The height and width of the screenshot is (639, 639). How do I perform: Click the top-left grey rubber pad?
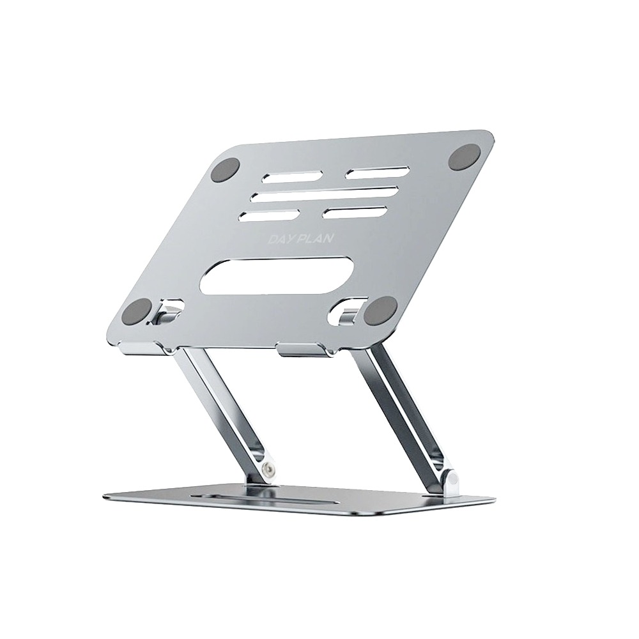tap(226, 171)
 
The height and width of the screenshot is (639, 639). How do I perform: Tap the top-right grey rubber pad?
tap(465, 157)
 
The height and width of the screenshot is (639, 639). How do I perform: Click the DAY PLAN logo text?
tap(301, 239)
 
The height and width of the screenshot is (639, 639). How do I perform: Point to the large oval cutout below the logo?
tap(278, 275)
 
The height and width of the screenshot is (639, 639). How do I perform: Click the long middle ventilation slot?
tap(324, 195)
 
